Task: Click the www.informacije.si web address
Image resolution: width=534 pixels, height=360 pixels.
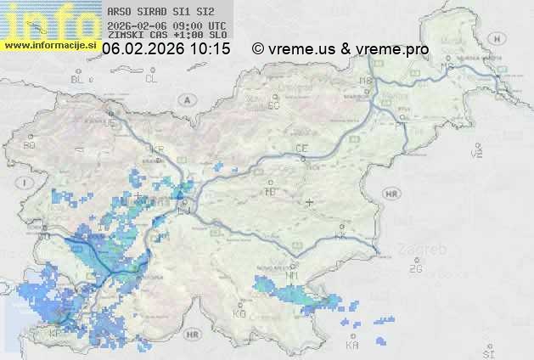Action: click(49, 45)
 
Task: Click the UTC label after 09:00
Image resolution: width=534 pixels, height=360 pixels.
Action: click(216, 25)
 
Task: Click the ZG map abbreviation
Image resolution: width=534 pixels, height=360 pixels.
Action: click(415, 269)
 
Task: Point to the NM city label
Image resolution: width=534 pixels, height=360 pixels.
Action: click(293, 276)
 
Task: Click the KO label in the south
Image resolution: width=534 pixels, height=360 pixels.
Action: click(239, 313)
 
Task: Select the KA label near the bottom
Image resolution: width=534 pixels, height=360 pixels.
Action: click(352, 345)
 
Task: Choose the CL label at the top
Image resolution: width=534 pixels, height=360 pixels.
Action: click(151, 79)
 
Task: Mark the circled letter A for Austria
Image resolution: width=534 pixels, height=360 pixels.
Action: click(185, 99)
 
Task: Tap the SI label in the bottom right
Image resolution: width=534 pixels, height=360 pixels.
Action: click(487, 352)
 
